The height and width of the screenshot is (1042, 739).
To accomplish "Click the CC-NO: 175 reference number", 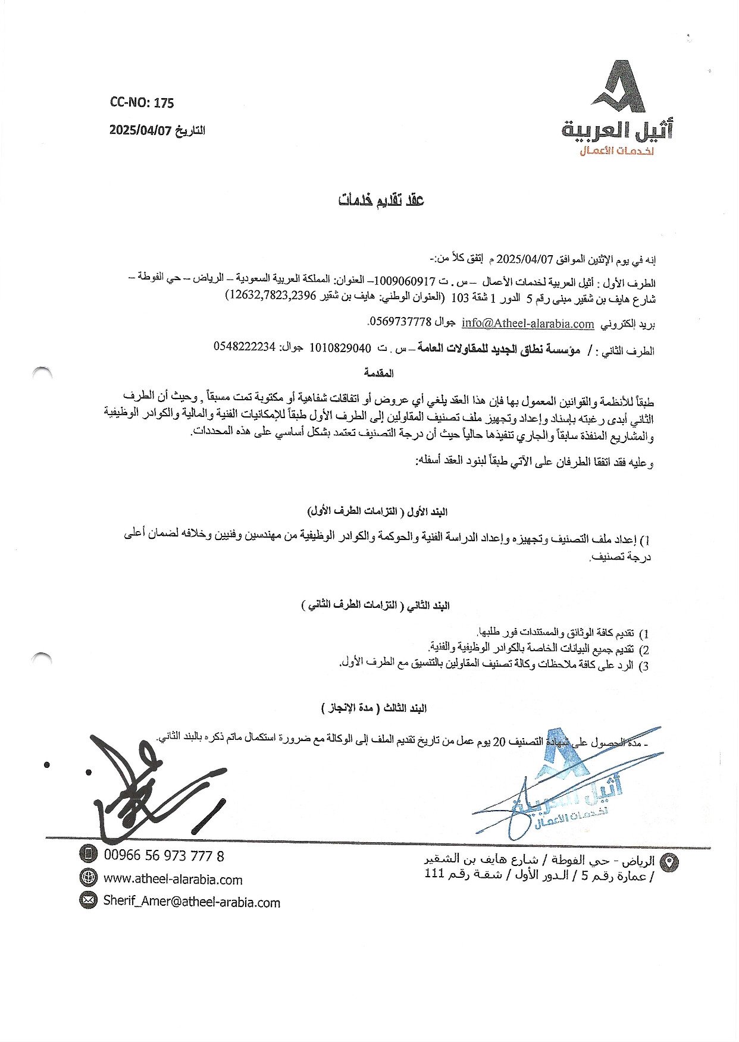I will (x=142, y=103).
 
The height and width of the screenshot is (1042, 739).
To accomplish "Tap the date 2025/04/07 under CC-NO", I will (x=140, y=130).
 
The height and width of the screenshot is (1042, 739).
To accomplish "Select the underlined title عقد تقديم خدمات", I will (x=381, y=200).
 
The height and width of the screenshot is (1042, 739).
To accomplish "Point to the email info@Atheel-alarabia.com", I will (x=528, y=324).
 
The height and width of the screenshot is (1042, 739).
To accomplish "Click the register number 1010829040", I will (x=340, y=348).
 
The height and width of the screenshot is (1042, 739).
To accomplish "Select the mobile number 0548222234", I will (x=245, y=347).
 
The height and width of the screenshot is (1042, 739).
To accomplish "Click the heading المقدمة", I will (x=378, y=374).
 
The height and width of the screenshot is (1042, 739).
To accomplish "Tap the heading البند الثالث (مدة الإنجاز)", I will (x=374, y=708).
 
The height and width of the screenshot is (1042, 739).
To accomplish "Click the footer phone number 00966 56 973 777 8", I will (x=164, y=855).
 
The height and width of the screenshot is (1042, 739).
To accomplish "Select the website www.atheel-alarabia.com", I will (x=173, y=879).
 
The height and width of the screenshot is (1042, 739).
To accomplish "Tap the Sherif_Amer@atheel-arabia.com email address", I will (x=191, y=902).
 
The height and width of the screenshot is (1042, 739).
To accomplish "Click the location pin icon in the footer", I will (x=670, y=861).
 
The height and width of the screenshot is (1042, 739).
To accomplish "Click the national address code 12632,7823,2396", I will (x=271, y=296).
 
